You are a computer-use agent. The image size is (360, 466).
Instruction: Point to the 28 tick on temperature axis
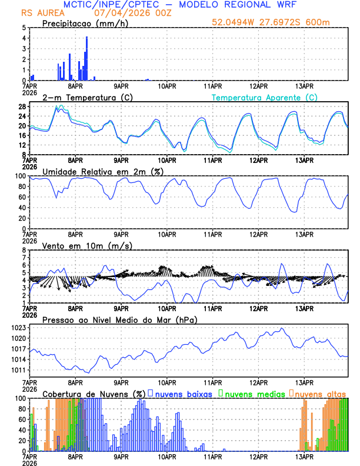pyautogui.click(x=21, y=106)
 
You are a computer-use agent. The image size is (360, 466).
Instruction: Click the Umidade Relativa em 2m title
pyautogui.click(x=102, y=171)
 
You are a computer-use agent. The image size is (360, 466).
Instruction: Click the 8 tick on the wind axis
pyautogui.click(x=24, y=250)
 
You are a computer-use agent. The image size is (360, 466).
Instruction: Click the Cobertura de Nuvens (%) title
pyautogui.click(x=94, y=393)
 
